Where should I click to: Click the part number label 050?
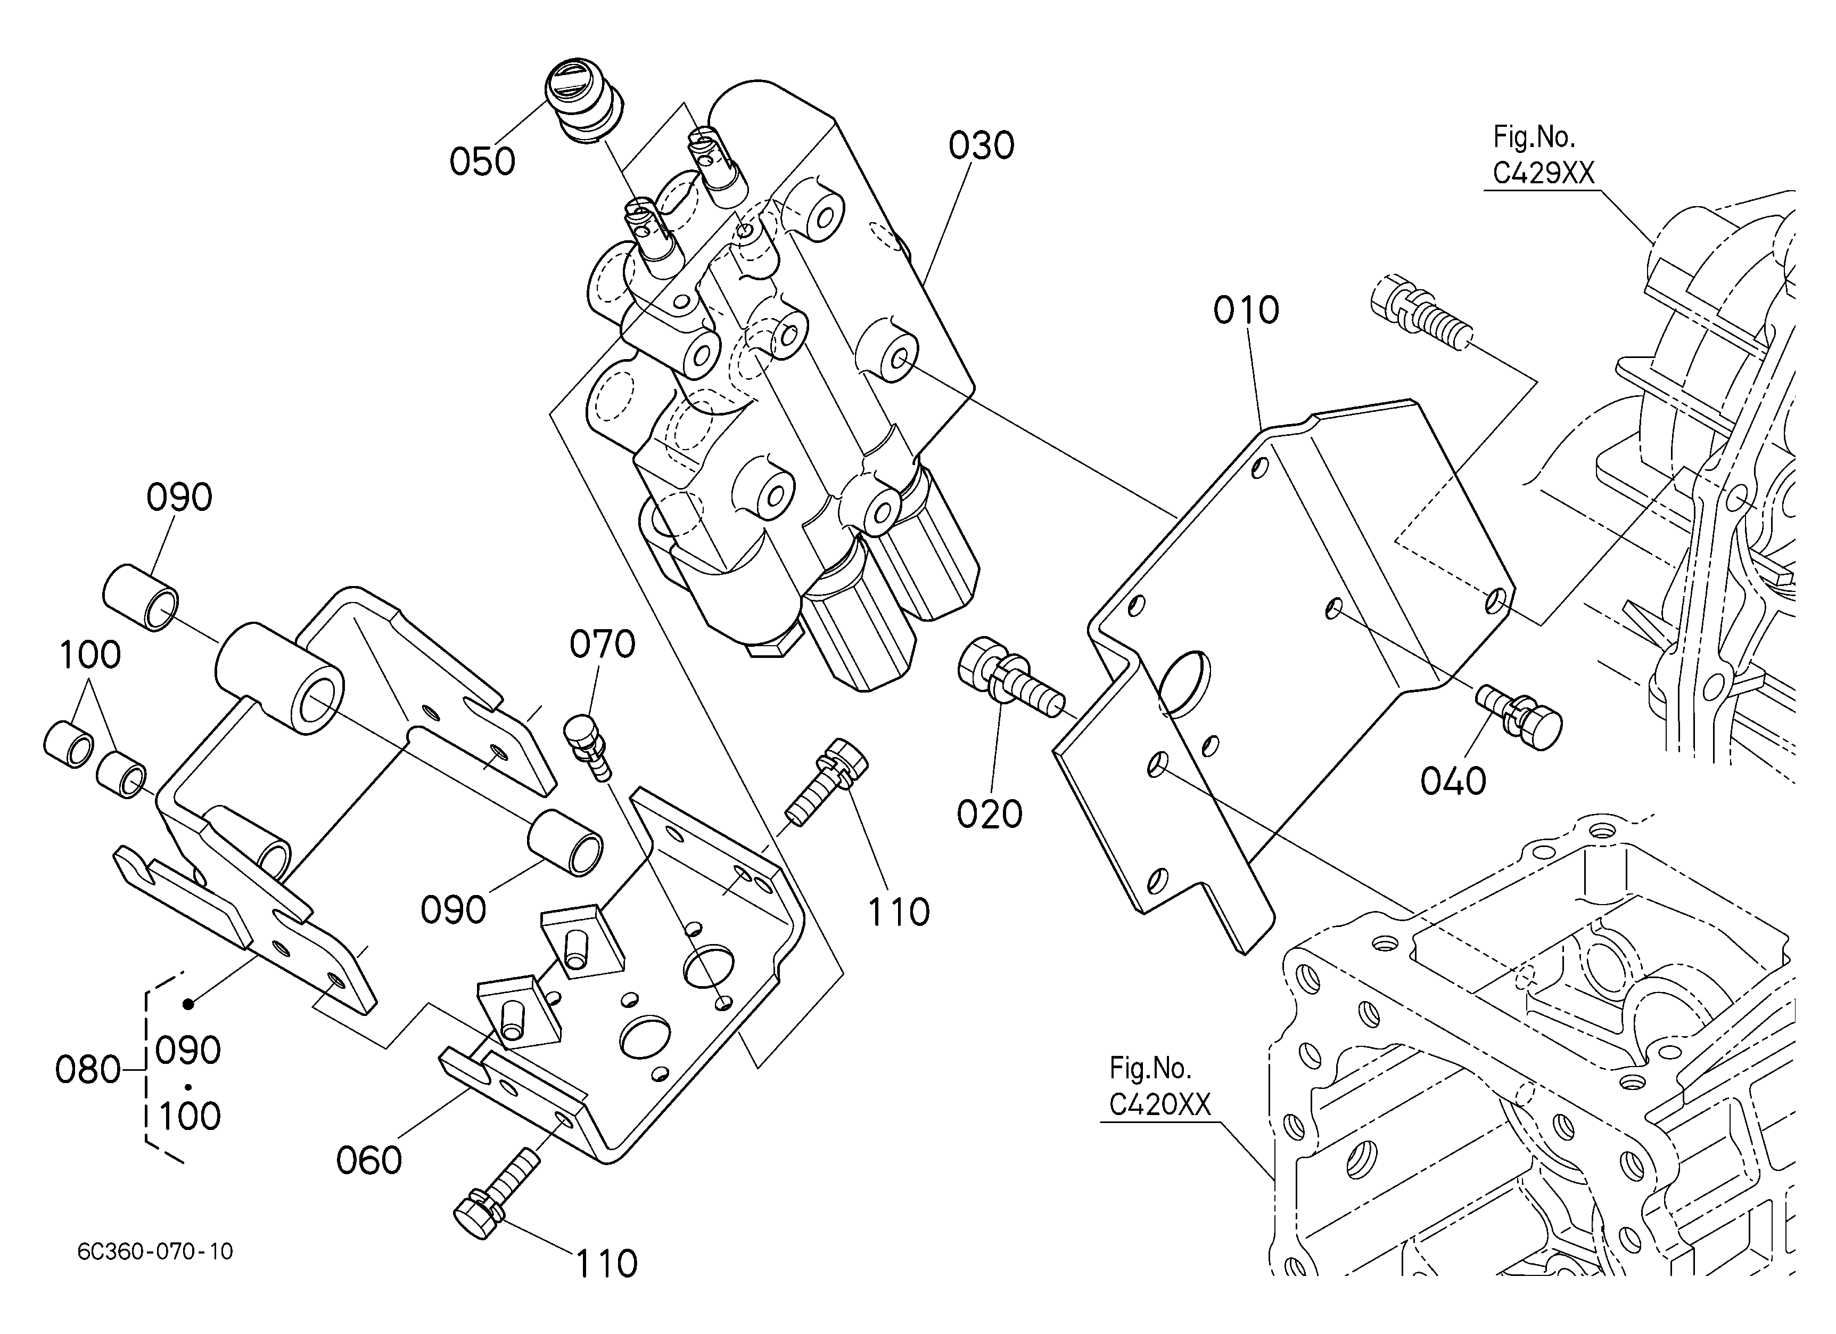pyautogui.click(x=482, y=161)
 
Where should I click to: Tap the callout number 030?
pyautogui.click(x=981, y=146)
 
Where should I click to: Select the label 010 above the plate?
pyautogui.click(x=1246, y=310)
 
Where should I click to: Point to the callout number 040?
pyautogui.click(x=1453, y=782)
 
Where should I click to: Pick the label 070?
pyautogui.click(x=602, y=645)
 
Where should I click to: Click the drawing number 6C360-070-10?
pyautogui.click(x=155, y=1251)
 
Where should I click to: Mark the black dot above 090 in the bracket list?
pyautogui.click(x=188, y=1004)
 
